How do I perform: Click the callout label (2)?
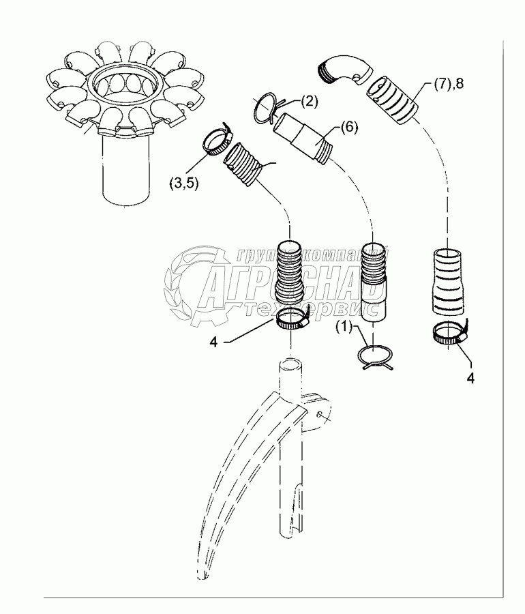(x=308, y=102)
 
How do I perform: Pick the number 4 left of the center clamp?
(x=213, y=343)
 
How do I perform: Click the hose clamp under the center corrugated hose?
(x=291, y=318)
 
